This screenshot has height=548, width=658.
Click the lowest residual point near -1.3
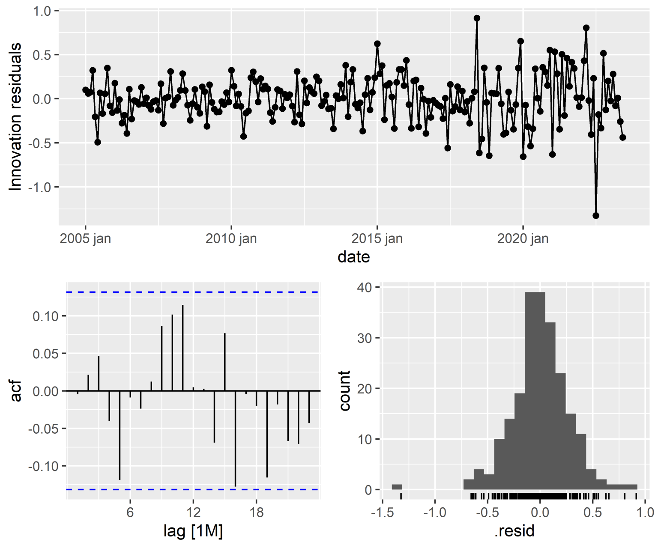click(596, 215)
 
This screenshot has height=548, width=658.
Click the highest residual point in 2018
click(477, 18)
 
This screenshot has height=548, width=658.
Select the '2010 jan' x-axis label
click(231, 238)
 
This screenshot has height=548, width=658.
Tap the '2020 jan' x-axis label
click(523, 238)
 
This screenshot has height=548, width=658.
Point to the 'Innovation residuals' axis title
click(15, 116)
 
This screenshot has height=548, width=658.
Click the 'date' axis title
click(353, 257)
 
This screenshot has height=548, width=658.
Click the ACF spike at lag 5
click(120, 435)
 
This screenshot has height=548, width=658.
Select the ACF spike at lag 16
click(235, 438)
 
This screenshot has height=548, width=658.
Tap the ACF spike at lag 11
click(182, 348)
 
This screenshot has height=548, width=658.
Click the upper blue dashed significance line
click(193, 292)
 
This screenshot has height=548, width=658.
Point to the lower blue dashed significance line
click(193, 489)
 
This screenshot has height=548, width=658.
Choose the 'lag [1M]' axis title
click(193, 531)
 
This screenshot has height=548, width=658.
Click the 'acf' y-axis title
click(16, 391)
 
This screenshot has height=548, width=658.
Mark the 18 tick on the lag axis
click(256, 512)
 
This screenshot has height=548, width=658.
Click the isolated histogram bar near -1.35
click(397, 487)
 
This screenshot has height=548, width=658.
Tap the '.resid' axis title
click(514, 531)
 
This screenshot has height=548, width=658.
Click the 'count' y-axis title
click(345, 390)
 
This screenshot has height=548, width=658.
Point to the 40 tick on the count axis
click(365, 287)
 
